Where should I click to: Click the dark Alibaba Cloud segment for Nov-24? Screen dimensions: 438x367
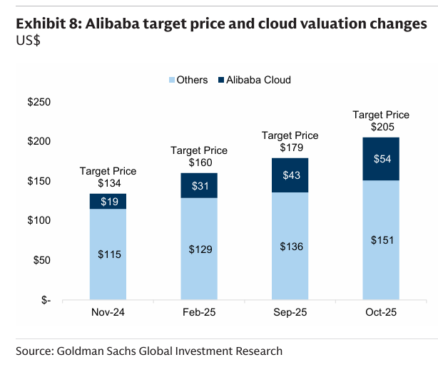(108, 201)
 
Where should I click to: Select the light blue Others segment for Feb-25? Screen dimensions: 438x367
(199, 249)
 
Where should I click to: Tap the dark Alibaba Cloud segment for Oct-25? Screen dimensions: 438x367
(381, 159)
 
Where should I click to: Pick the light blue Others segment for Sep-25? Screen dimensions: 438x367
(290, 246)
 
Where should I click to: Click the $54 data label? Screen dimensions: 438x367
(382, 159)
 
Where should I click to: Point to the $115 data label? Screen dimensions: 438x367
(109, 254)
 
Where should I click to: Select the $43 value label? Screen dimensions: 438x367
(291, 175)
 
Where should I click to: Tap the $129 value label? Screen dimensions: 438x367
(200, 249)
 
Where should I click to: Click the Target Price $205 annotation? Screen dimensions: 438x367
(381, 120)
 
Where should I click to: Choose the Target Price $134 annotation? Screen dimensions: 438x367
(108, 177)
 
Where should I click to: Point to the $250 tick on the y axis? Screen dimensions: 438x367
(39, 102)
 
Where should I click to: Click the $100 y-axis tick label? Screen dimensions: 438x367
(39, 220)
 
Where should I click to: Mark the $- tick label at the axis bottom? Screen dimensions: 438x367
(46, 300)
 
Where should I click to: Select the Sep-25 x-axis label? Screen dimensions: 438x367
(290, 312)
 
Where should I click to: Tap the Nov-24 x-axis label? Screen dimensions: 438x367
(108, 312)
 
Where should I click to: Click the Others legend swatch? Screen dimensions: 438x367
(172, 80)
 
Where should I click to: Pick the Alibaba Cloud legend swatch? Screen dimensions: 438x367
(221, 80)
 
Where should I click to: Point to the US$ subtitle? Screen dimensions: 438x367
(29, 41)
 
